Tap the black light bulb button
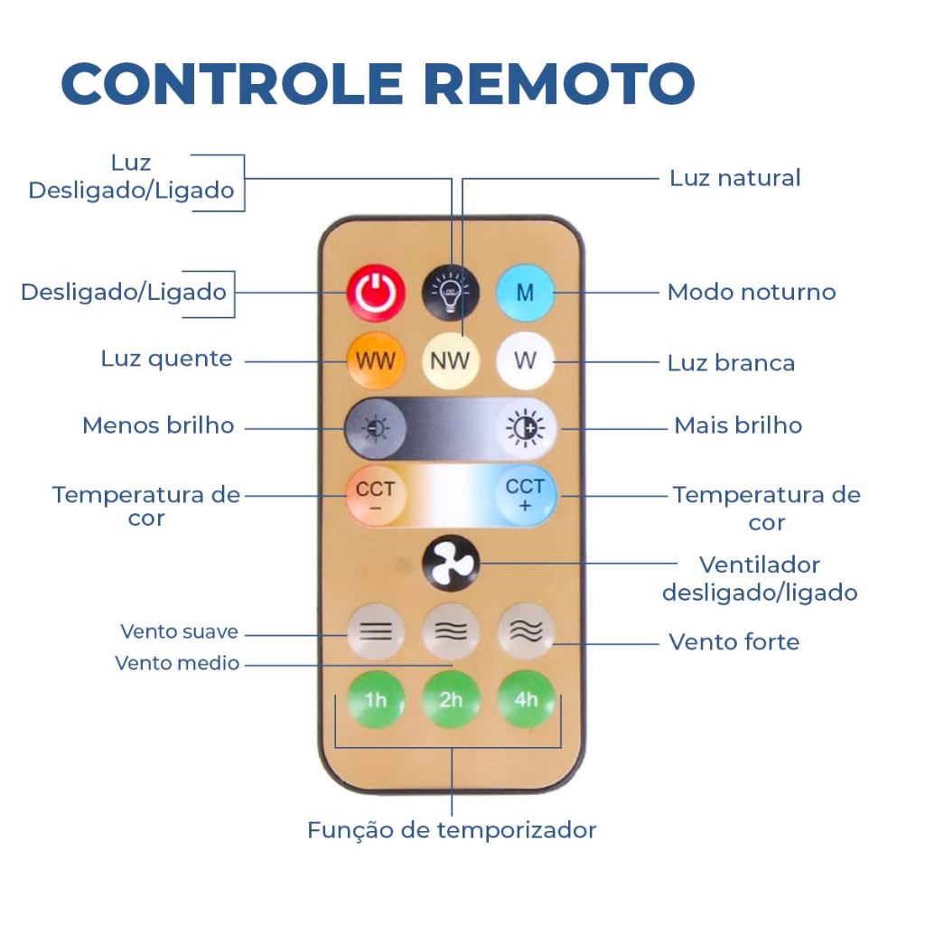point(449,292)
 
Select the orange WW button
point(374,361)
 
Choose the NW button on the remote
point(449,361)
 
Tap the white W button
point(525,361)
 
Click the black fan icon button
point(449,565)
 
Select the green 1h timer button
point(374,700)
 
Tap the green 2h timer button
point(450,700)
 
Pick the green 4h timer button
point(526,700)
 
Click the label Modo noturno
point(751,293)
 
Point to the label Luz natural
point(734,178)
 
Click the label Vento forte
point(733,642)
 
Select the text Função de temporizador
point(452,830)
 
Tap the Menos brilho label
point(158,425)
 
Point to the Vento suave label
point(179,631)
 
